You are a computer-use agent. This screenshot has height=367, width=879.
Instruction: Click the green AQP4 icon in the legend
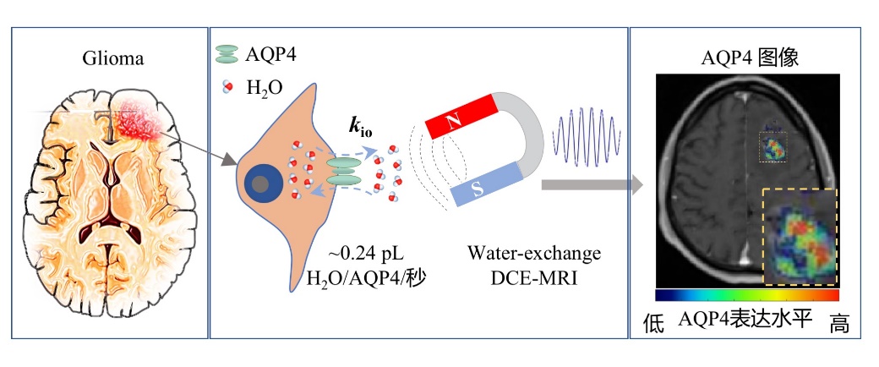coord(228,54)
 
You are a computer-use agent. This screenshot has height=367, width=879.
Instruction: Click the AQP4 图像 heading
coord(751,58)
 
